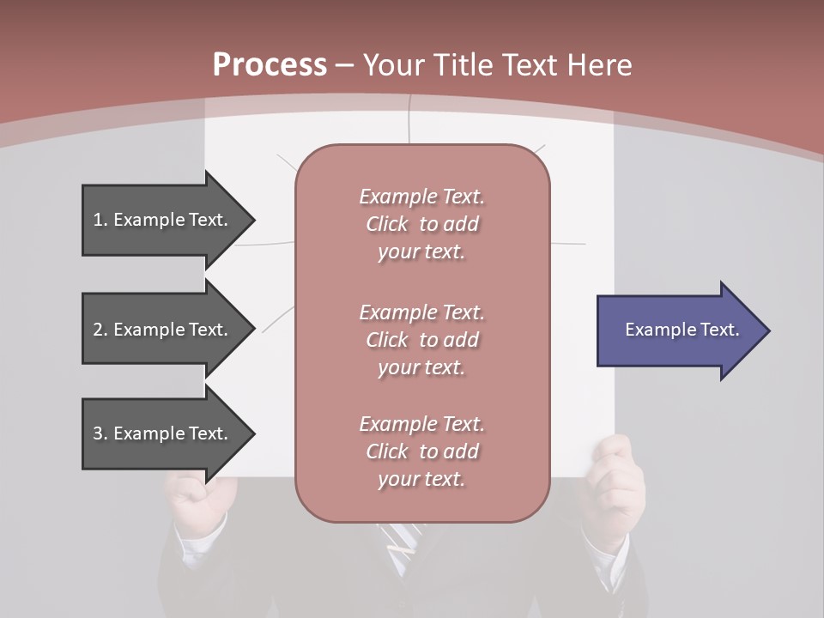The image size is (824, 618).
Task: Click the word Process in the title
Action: click(x=270, y=65)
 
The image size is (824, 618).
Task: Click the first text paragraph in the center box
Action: click(x=421, y=224)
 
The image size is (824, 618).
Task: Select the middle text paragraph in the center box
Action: click(x=421, y=340)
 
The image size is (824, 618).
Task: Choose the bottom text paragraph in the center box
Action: click(x=421, y=451)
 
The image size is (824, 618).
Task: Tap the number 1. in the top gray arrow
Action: click(x=100, y=220)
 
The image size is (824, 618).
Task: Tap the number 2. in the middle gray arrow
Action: click(x=100, y=330)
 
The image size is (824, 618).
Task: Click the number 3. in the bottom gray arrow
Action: click(x=100, y=433)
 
